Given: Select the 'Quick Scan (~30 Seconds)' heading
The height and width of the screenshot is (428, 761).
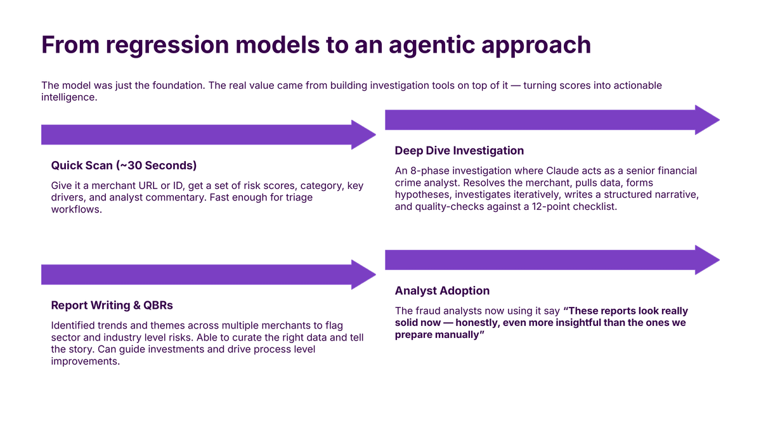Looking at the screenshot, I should tap(124, 165).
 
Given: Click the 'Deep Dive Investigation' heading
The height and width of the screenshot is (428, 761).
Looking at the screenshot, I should tap(459, 150).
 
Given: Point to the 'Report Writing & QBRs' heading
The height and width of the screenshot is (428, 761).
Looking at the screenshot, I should tap(112, 305).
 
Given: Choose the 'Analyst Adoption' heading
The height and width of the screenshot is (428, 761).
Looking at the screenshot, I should tap(442, 290).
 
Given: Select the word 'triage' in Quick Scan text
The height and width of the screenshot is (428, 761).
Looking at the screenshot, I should tap(298, 197).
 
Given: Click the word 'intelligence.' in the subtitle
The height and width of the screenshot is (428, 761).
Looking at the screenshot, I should tap(69, 98).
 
